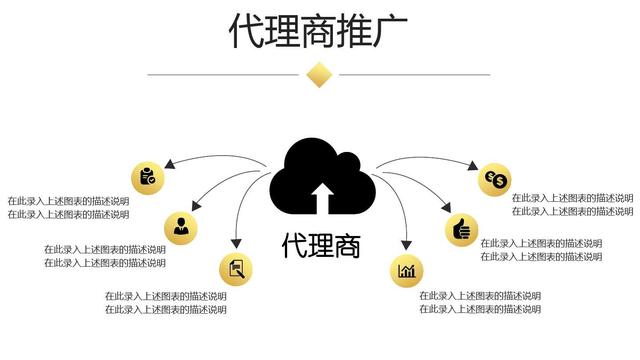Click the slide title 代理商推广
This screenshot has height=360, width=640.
pyautogui.click(x=319, y=30)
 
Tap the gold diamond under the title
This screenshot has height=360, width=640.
pyautogui.click(x=319, y=74)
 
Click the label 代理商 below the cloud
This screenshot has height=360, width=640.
pyautogui.click(x=320, y=245)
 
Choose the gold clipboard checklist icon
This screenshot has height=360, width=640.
pyautogui.click(x=147, y=176)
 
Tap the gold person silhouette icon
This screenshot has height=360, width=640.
pyautogui.click(x=181, y=227)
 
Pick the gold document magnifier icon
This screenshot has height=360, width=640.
pyautogui.click(x=236, y=268)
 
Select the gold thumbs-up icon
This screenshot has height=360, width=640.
pyautogui.click(x=462, y=228)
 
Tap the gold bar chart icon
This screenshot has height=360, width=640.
pyautogui.click(x=406, y=271)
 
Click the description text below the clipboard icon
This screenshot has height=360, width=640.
pyautogui.click(x=68, y=207)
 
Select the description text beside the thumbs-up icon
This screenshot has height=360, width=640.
pyautogui.click(x=541, y=250)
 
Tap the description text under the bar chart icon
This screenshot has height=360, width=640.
pyautogui.click(x=480, y=302)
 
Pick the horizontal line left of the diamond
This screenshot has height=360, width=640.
pyautogui.click(x=225, y=74)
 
